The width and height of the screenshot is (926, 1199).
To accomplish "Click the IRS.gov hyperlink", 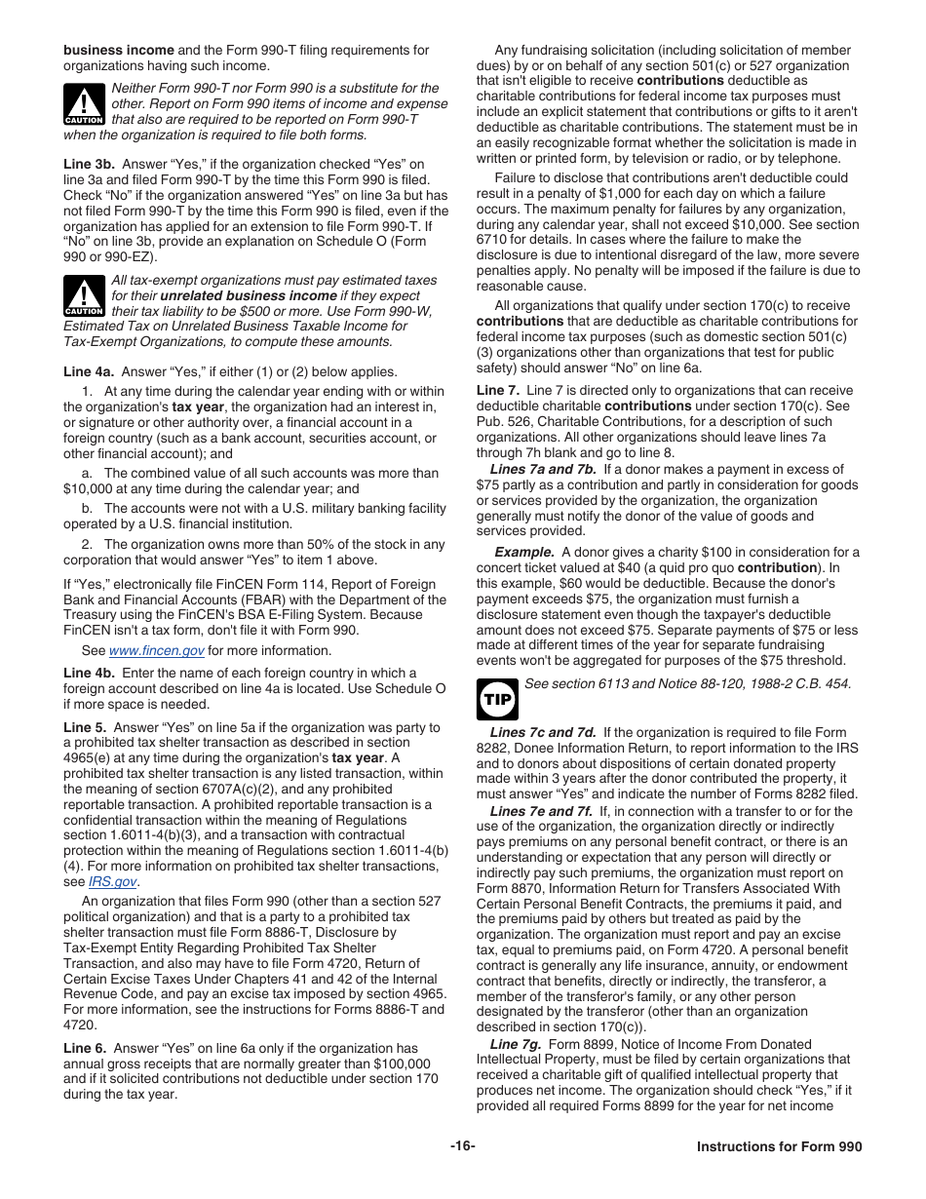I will (112, 882).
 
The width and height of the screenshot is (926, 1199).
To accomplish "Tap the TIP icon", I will (497, 700).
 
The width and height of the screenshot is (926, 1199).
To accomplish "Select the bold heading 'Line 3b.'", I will (89, 164).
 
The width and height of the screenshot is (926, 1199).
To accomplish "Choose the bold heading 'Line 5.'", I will (85, 727).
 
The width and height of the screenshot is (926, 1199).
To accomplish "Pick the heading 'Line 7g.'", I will (516, 1044).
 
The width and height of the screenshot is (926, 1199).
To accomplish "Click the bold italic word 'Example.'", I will (524, 552).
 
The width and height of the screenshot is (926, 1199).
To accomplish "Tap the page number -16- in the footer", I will (463, 1147).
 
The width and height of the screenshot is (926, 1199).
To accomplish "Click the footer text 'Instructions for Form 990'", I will (779, 1148).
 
